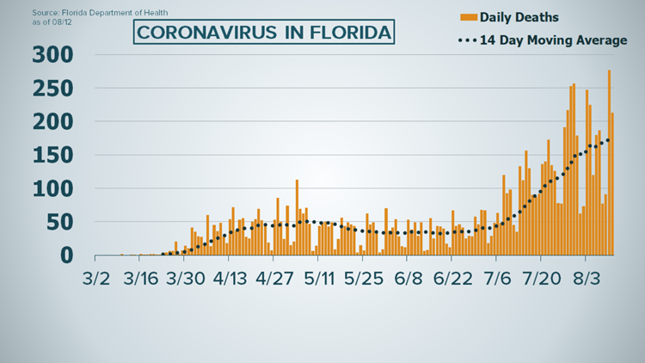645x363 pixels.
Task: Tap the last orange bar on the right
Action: (x=612, y=185)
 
